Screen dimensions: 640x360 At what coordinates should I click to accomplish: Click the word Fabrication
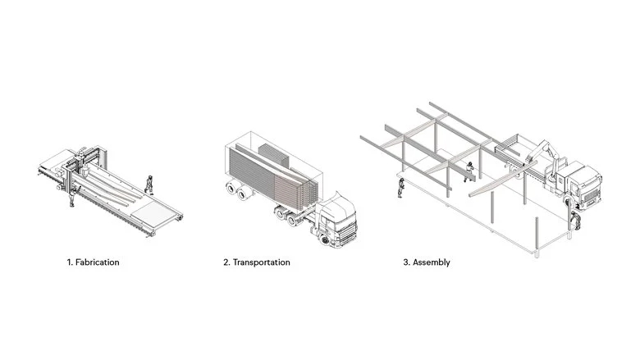pos(98,262)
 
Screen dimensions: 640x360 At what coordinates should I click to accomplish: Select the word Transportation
pos(262,262)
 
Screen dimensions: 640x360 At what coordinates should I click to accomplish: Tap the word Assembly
pos(432,262)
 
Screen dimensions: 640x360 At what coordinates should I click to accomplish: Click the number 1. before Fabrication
pos(70,262)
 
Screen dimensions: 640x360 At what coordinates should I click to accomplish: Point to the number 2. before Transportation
pos(226,262)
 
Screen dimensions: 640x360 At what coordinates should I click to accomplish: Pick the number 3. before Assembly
pos(406,262)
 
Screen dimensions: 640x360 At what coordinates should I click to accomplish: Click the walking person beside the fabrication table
pos(149,185)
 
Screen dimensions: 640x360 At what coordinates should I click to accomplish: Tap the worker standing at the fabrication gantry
pos(73,197)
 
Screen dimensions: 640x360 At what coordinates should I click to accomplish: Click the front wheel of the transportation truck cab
pos(325,240)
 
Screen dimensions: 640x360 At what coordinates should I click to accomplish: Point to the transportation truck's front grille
pos(348,232)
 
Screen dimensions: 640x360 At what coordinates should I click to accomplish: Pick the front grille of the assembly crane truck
pos(592,196)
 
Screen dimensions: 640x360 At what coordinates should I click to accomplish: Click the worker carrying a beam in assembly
pos(469,171)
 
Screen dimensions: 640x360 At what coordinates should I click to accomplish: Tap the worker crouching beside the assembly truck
pos(575,221)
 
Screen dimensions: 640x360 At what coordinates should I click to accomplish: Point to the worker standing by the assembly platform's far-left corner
pos(401,188)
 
